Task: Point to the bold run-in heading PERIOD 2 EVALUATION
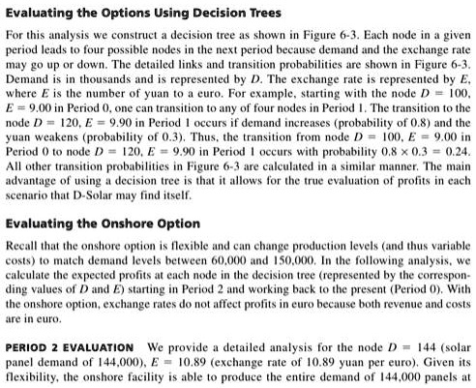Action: (x=70, y=346)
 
